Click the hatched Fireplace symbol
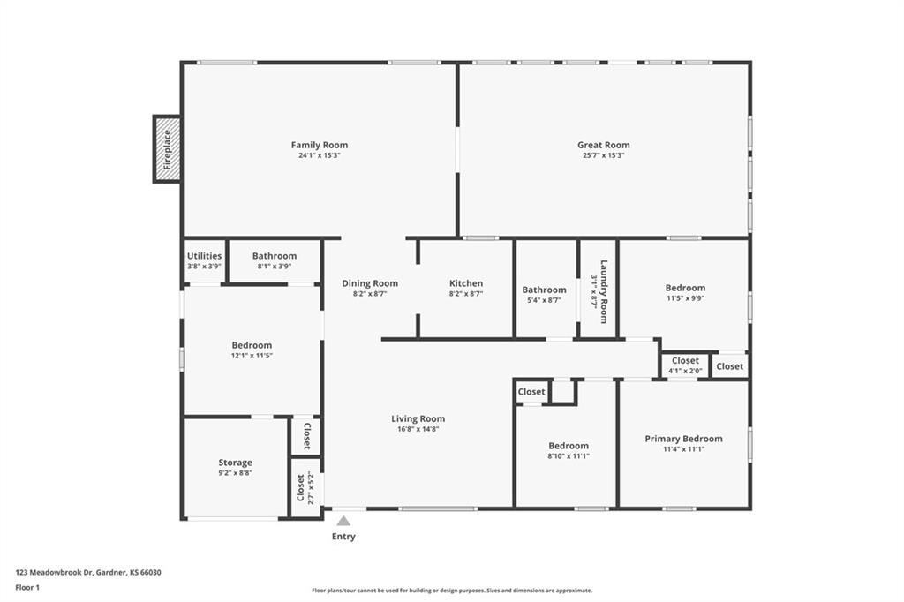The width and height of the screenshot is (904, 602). tap(167, 149)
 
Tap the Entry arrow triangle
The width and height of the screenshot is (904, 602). tap(343, 522)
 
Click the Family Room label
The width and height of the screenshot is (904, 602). tap(320, 145)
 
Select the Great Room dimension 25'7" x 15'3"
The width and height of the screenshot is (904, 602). tap(604, 155)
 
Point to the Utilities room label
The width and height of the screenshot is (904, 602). tap(204, 255)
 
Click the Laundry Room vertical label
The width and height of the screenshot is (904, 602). tap(604, 291)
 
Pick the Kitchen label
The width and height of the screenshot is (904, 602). tap(466, 283)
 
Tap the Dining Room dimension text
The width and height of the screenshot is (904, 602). tap(370, 294)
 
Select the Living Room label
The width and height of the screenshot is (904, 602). tap(418, 418)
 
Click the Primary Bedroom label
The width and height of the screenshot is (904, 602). tap(684, 439)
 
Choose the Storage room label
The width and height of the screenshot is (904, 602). tap(235, 463)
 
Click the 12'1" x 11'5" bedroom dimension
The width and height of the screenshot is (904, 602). tap(252, 356)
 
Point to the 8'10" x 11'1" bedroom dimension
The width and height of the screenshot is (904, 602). tap(569, 456)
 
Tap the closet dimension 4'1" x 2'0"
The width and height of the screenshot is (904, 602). tap(685, 371)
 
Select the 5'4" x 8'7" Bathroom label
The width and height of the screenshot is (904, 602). tap(544, 290)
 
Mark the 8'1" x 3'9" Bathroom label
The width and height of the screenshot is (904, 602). tap(275, 255)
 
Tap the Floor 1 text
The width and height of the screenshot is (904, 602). tap(27, 588)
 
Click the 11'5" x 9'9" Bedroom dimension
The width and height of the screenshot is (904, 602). tap(685, 298)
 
